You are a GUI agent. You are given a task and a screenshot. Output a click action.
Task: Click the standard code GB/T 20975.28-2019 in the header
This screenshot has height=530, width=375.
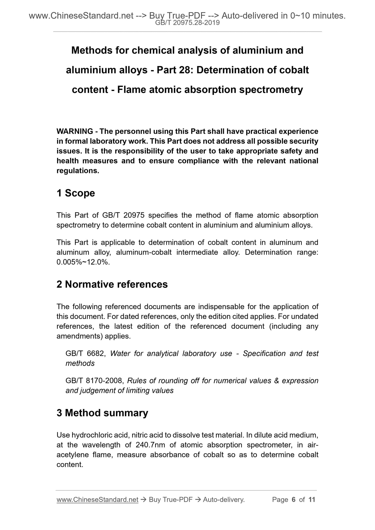point(187,23)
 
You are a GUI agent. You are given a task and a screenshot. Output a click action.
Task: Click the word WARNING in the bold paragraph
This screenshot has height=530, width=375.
point(75,131)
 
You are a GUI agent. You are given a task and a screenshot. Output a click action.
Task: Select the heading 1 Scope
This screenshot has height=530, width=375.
point(76,193)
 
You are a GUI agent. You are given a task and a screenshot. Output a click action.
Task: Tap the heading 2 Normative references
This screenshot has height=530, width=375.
point(112,284)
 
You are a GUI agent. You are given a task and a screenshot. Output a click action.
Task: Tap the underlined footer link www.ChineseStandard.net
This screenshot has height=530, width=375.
point(97,500)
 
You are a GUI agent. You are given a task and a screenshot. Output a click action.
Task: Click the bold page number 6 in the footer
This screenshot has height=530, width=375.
point(294,500)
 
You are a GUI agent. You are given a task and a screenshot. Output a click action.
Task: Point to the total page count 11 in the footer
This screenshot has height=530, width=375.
point(311,500)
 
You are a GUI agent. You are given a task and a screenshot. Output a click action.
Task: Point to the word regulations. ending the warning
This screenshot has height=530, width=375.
point(78,171)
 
